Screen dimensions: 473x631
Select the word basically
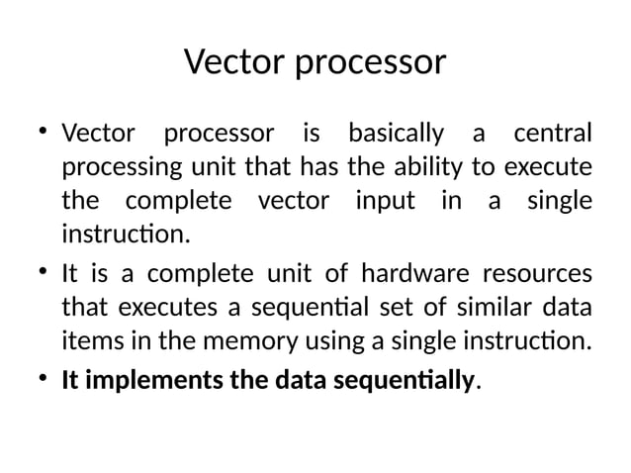[x=395, y=134]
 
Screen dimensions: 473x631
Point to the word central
[x=552, y=133]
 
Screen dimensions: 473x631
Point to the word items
[x=85, y=342]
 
